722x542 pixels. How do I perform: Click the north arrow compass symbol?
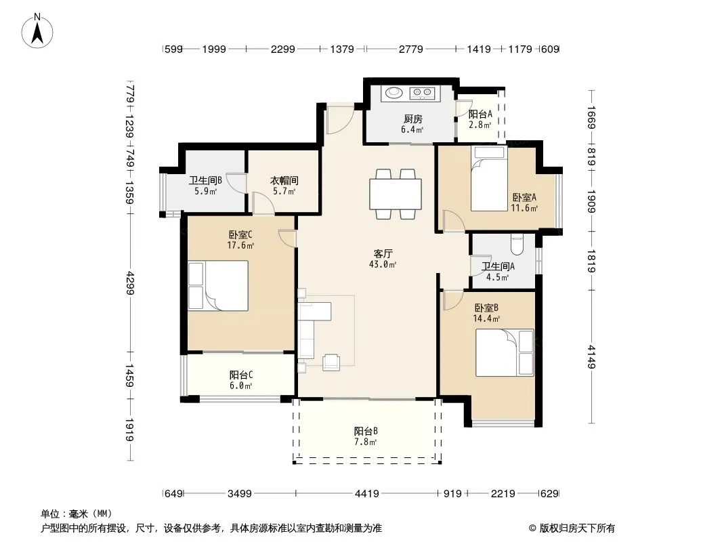tap(37, 31)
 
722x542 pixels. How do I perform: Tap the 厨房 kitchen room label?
tap(412, 119)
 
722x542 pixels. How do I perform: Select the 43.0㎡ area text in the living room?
tap(383, 264)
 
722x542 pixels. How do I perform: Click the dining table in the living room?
tap(396, 194)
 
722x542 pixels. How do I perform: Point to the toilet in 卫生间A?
tap(517, 245)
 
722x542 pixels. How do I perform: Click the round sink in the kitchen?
tap(394, 93)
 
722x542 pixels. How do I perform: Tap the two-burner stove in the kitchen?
tap(422, 93)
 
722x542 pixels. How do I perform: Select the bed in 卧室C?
tap(218, 285)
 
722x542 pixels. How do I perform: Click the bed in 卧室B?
tap(505, 353)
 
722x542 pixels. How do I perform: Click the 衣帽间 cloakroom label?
tap(284, 180)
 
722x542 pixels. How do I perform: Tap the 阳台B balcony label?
tap(366, 431)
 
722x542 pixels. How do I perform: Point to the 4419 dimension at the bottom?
tap(367, 494)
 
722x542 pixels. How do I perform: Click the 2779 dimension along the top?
tap(410, 49)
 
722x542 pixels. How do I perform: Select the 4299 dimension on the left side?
tap(131, 283)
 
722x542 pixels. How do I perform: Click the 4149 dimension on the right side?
tap(591, 357)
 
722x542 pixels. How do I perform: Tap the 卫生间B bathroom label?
tap(205, 180)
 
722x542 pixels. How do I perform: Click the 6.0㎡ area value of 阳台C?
tap(241, 386)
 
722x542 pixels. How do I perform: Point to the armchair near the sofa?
tap(331, 362)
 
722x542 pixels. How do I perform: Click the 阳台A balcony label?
tap(480, 114)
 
